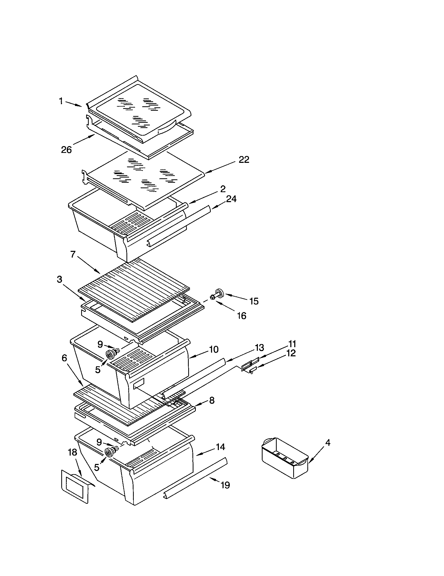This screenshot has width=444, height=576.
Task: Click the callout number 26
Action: [66, 150]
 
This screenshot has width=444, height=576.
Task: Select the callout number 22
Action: [244, 159]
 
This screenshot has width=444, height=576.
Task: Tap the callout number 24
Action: [231, 199]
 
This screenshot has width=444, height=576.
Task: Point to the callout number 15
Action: [254, 301]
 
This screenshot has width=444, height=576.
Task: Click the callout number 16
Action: [242, 315]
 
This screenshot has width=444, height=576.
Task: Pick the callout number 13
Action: [259, 348]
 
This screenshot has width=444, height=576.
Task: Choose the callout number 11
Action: [292, 344]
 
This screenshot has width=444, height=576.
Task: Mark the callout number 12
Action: [291, 353]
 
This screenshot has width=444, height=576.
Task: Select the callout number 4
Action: [328, 443]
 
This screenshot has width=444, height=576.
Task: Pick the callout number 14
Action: [220, 447]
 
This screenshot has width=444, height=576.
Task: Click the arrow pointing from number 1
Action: [74, 104]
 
